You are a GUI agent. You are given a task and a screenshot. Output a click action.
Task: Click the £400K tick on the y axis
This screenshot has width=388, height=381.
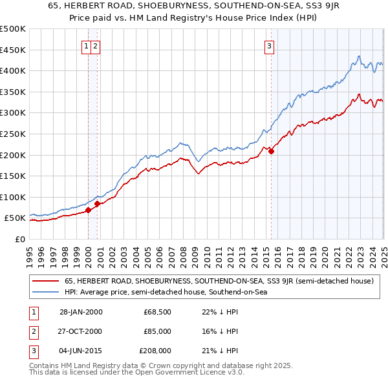click(13, 70)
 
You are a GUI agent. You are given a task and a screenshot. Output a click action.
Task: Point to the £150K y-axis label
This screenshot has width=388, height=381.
click(13, 176)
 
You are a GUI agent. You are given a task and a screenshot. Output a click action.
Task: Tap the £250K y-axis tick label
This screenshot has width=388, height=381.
click(13, 134)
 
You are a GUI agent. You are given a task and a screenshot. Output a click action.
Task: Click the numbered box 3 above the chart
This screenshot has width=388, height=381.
click(268, 46)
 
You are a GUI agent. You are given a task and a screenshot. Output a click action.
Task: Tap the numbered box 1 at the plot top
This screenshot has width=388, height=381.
click(86, 46)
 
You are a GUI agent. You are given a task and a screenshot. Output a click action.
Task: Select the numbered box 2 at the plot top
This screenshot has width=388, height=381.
click(95, 46)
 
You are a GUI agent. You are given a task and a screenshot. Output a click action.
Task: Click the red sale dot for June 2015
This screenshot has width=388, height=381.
click(272, 152)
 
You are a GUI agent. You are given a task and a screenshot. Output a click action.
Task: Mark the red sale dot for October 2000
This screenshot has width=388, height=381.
click(98, 203)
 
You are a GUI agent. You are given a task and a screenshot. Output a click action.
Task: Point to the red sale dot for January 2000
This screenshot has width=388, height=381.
click(88, 210)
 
